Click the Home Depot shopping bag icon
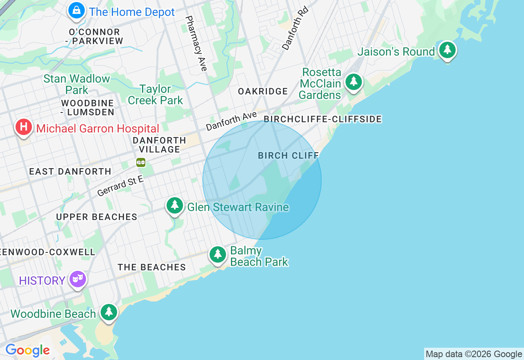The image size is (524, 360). click(77, 11)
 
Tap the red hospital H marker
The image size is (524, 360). click(24, 127)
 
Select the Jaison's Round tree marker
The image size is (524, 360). click(447, 50)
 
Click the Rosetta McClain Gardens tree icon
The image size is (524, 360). click(353, 82)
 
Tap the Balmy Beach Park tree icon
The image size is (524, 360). click(218, 255)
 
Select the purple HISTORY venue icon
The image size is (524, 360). click(77, 280)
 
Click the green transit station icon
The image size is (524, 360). click(141, 162)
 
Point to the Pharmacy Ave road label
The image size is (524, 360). click(196, 43)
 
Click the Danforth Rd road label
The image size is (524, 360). click(295, 28)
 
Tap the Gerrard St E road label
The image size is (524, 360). click(120, 185)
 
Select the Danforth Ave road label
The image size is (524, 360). click(231, 121)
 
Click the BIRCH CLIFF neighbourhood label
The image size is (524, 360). click(288, 156)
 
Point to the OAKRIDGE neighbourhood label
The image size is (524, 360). click(263, 91)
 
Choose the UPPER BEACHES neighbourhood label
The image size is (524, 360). click(97, 217)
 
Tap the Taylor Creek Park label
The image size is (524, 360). click(155, 94)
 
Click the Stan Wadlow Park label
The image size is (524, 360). click(77, 84)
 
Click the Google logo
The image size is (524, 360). click(27, 350)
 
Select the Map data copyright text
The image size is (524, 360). click(474, 354)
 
